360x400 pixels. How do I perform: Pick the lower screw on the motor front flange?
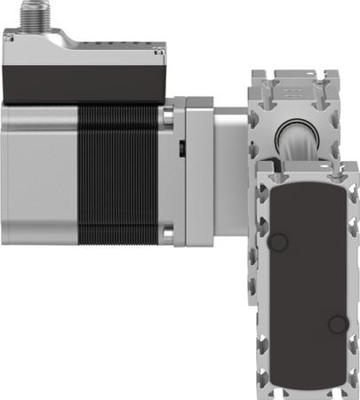click(167, 236)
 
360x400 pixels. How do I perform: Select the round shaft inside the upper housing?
click(298, 138)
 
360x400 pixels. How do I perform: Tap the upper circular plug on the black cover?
click(278, 242)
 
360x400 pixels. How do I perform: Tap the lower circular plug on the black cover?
click(337, 324)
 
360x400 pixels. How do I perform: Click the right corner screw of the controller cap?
click(158, 52)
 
